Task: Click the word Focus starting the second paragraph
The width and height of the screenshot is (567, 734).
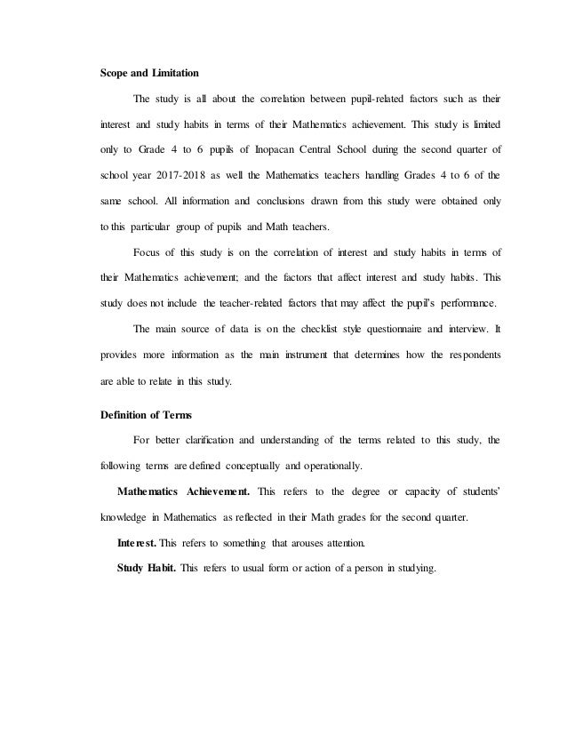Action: click(x=148, y=265)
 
